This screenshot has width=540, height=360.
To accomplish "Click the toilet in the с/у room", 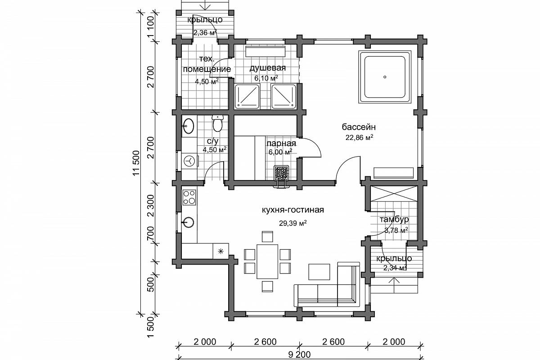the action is click(x=217, y=123).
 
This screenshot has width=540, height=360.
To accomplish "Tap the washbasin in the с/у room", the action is click(x=189, y=126).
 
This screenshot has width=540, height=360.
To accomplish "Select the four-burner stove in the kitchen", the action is click(x=189, y=198).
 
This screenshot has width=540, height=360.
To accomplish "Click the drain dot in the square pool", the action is click(x=385, y=77).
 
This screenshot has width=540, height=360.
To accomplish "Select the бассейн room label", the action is click(x=359, y=127).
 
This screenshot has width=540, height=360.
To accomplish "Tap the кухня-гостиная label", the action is click(x=293, y=210).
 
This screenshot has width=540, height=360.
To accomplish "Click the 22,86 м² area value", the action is click(x=360, y=137).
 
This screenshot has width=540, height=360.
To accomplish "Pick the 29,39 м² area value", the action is click(x=293, y=223).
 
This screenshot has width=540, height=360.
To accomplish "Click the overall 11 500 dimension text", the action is click(x=136, y=163).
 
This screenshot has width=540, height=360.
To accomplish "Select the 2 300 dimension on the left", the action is click(x=151, y=206).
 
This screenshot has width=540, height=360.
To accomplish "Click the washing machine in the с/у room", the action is click(x=190, y=161).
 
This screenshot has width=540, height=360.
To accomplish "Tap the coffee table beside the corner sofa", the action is click(x=319, y=272).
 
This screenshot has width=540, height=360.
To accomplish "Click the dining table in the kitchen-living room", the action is click(x=267, y=261).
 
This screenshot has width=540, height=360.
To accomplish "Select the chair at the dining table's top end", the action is click(x=267, y=236).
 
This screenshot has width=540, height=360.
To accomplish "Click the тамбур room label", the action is click(x=394, y=220).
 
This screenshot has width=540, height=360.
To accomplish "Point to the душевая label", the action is click(x=268, y=68).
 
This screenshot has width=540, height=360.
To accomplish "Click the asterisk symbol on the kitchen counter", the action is click(x=220, y=252).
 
